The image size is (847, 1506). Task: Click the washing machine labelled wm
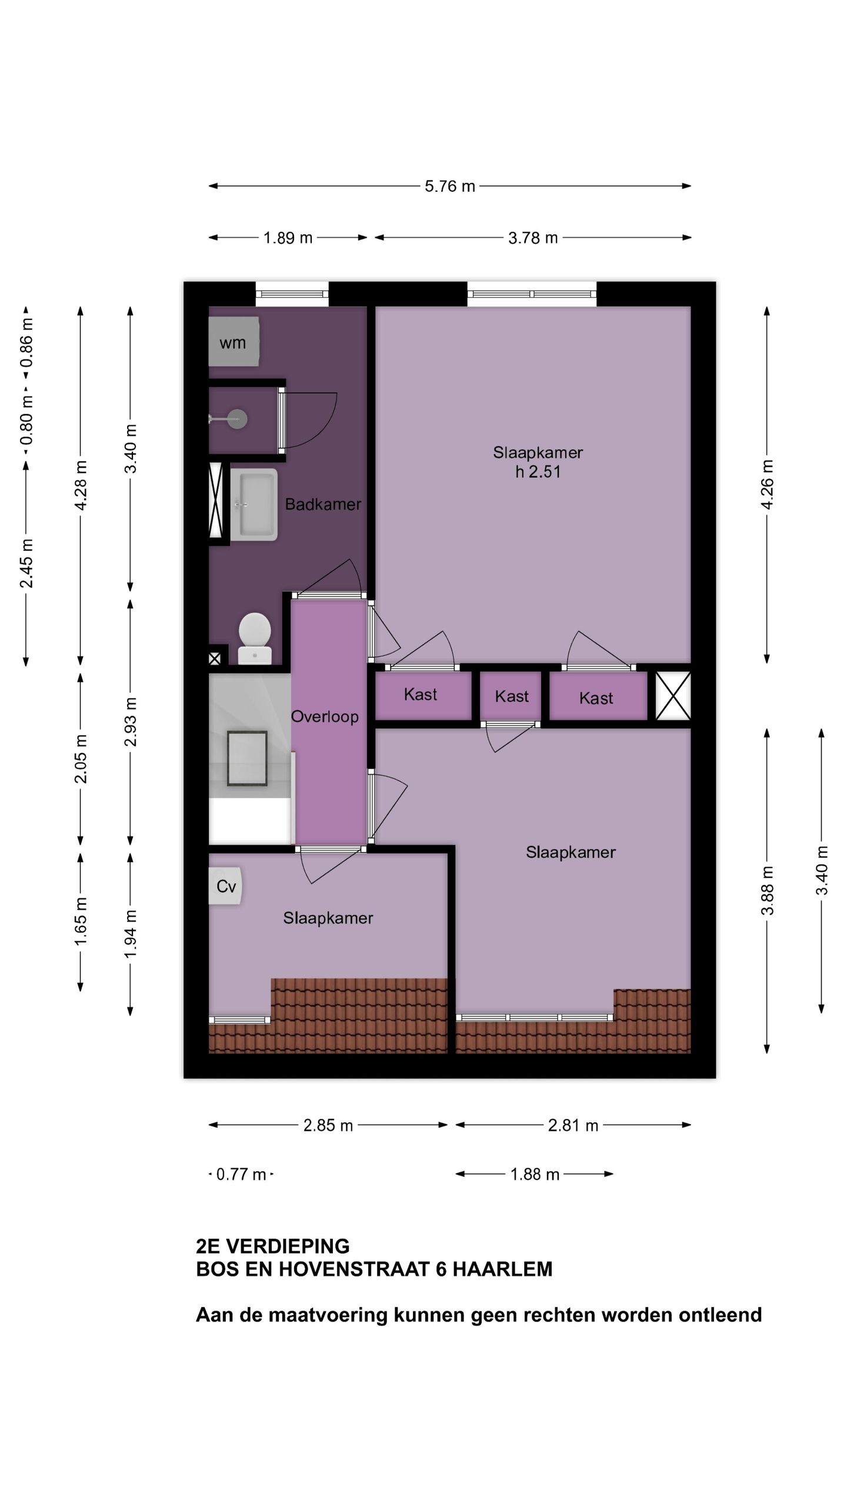point(234,342)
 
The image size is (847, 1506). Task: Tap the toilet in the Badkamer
point(255,638)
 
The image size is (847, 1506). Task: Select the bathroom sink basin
point(254,504)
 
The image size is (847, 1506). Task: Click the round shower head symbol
point(238,419)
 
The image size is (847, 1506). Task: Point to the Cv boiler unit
point(225,886)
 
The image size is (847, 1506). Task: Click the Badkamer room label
point(323,504)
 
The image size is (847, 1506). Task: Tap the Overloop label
point(325,717)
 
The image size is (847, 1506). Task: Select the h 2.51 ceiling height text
point(538,472)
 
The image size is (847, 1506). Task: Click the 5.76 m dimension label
point(450,186)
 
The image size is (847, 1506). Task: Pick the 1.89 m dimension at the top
point(288,238)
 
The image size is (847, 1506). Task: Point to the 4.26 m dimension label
point(767,486)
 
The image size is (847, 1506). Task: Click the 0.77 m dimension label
point(241,1174)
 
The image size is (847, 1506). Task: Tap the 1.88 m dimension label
point(535,1174)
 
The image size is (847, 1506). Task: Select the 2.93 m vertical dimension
point(131,722)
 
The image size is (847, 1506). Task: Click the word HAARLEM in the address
point(502,1270)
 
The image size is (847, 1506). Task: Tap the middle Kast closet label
point(512,697)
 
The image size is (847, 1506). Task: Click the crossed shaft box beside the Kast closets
point(673,696)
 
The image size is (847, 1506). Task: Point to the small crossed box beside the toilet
point(215,659)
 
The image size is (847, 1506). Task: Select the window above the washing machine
point(292,294)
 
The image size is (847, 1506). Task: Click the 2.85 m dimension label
point(328,1125)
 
